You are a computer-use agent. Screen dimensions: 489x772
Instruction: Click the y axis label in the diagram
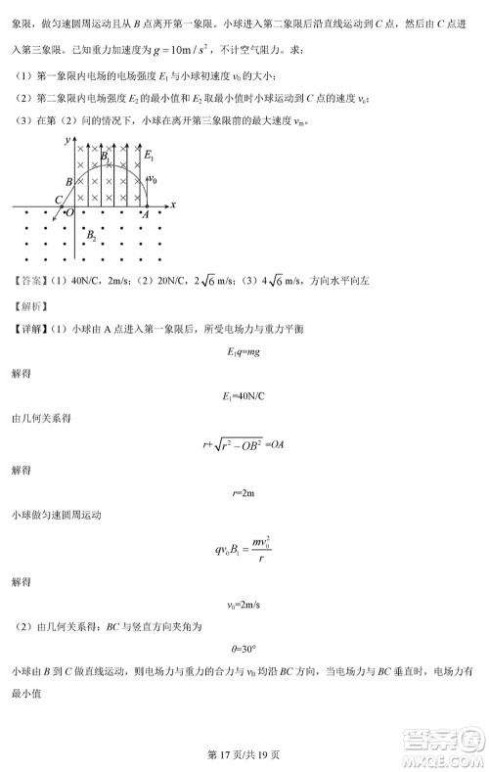(66, 142)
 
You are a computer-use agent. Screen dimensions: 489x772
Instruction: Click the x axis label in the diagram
(172, 204)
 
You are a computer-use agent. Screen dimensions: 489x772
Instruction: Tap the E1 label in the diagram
(148, 156)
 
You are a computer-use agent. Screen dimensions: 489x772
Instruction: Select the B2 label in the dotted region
(91, 236)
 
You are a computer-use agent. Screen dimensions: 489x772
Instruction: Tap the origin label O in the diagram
(69, 212)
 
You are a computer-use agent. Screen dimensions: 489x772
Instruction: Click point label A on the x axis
(146, 214)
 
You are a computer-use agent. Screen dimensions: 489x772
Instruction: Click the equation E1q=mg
(243, 351)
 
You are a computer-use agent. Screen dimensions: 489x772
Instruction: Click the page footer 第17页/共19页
(244, 753)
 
